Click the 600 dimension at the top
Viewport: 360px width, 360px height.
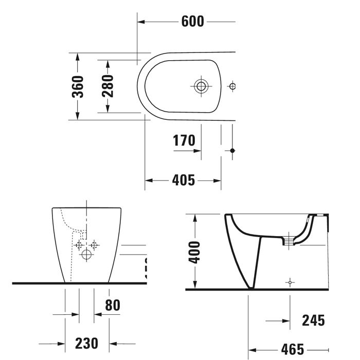pyautogui.click(x=193, y=21)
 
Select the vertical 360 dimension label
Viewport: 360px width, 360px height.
pyautogui.click(x=77, y=86)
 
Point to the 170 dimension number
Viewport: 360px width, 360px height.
pyautogui.click(x=184, y=140)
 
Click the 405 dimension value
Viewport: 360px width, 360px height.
pyautogui.click(x=183, y=180)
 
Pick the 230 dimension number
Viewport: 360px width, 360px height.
pyautogui.click(x=86, y=343)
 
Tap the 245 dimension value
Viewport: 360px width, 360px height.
pyautogui.click(x=313, y=320)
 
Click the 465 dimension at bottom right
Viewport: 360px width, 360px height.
pyautogui.click(x=292, y=348)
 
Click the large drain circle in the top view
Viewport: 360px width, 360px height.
pyautogui.click(x=201, y=86)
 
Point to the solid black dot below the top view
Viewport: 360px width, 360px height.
pyautogui.click(x=232, y=150)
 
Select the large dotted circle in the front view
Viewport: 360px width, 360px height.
pyautogui.click(x=86, y=255)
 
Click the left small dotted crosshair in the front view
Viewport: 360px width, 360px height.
pyautogui.click(x=79, y=245)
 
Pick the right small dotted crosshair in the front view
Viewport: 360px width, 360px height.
pyautogui.click(x=93, y=245)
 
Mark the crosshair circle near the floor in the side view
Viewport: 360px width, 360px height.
pyautogui.click(x=291, y=282)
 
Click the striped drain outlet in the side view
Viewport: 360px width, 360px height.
pyautogui.click(x=291, y=239)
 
